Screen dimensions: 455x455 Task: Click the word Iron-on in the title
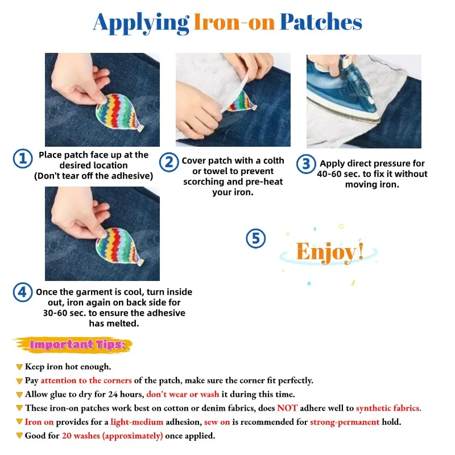234,22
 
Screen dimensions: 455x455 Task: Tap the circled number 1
23,159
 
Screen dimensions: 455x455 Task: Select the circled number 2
169,162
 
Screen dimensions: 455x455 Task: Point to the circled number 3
306,164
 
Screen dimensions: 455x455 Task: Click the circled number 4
23,292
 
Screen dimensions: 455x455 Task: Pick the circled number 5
255,238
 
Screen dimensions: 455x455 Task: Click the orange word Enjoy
326,252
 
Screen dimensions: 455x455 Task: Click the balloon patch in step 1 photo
119,113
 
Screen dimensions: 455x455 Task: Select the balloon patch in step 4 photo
119,247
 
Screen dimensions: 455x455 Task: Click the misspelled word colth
274,160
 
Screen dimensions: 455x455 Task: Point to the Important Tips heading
77,345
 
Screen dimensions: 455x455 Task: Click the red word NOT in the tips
287,408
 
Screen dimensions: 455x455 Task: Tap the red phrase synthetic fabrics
388,408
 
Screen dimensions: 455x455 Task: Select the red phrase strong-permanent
345,422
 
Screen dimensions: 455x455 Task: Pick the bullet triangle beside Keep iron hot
19,367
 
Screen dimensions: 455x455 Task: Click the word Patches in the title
321,22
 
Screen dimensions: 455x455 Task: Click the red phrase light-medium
137,422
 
